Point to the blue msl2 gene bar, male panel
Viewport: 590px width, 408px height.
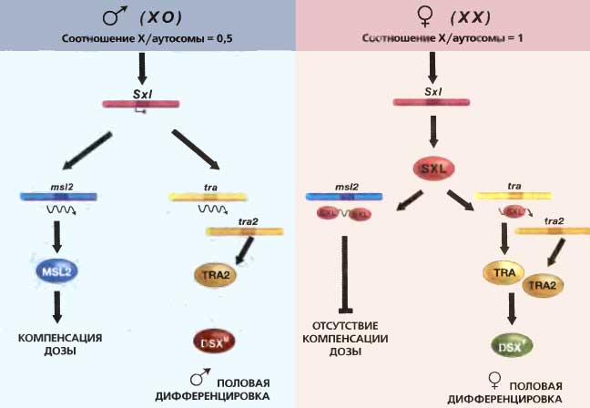pos(58,196)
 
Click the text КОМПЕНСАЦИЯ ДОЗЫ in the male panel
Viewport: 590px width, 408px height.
pos(60,343)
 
